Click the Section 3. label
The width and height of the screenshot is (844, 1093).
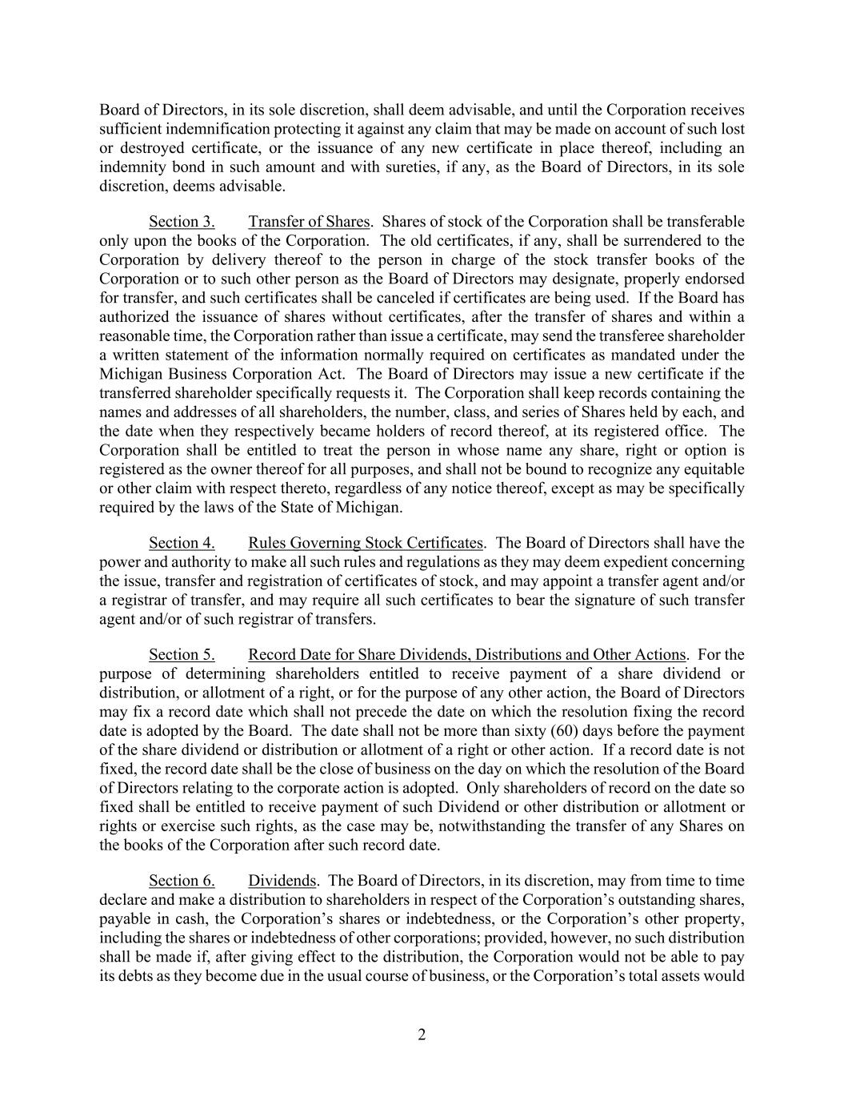point(182,222)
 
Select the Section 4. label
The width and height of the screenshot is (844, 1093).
point(182,543)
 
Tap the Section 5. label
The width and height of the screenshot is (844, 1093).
point(182,655)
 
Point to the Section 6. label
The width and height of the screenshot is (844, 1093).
point(182,881)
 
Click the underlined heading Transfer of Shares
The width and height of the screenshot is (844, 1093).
point(309,222)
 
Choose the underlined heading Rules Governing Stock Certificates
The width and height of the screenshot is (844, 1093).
point(366,543)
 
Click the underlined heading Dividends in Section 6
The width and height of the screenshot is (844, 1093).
point(282,881)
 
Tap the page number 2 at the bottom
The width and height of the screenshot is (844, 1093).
point(422,1035)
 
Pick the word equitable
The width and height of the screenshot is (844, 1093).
point(714,469)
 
